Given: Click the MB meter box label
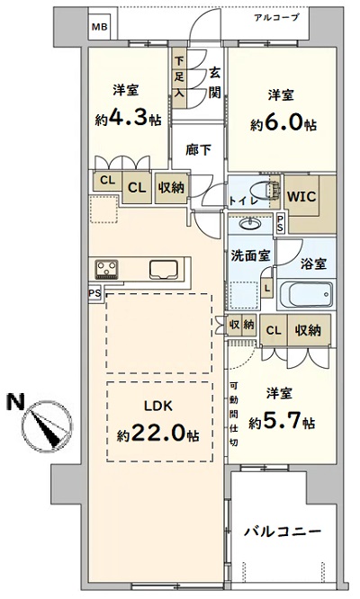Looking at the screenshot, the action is point(99,28).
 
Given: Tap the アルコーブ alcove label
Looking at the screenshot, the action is point(276,18).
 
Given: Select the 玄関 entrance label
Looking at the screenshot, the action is point(215,83).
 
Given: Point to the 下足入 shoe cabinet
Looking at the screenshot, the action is point(179,78).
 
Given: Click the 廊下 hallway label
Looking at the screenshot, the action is point(198,149).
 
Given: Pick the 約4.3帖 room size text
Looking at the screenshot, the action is point(128,117).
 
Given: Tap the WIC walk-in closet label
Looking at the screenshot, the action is point(301,197).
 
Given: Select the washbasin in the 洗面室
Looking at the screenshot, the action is point(250,223).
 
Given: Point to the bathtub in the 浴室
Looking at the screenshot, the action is point(307,294).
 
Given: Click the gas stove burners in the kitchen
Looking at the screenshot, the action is point(106,269).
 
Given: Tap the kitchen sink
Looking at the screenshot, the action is point(164,270).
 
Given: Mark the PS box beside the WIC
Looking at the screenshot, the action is point(280,223).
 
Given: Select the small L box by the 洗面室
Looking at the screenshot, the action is point(267,289).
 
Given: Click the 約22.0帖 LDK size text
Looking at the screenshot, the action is point(157,434).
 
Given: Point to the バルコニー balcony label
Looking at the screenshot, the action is point(283,532).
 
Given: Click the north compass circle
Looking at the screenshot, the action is point(47,426).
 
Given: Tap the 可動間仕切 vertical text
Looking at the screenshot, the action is point(233,414).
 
